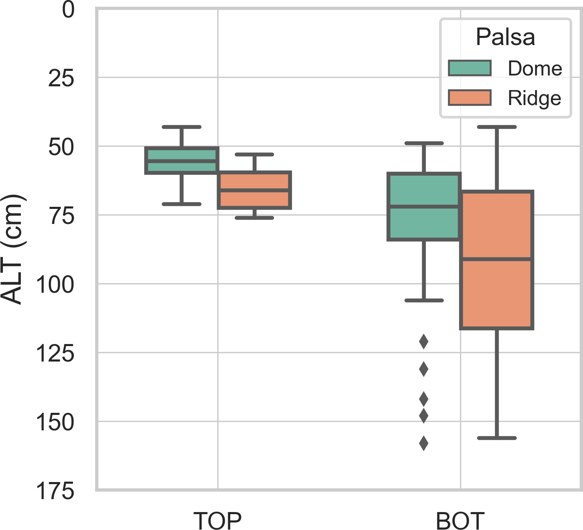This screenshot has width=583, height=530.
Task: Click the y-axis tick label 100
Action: click(x=55, y=285)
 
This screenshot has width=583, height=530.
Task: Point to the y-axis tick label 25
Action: click(x=61, y=78)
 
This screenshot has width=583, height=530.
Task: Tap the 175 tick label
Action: click(x=55, y=491)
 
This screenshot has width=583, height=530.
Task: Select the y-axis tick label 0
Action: click(x=68, y=10)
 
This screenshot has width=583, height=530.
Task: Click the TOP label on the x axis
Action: click(x=217, y=520)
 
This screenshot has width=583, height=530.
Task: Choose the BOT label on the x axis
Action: click(x=460, y=520)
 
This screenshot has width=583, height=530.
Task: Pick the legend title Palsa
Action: click(x=505, y=37)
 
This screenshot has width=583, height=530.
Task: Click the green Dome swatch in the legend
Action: click(x=470, y=68)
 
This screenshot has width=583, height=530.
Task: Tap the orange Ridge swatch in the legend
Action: click(x=470, y=98)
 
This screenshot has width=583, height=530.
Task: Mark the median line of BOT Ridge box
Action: click(x=497, y=259)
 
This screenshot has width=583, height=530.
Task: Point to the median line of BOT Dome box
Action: click(x=424, y=206)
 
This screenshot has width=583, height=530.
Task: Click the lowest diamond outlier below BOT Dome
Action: click(x=424, y=443)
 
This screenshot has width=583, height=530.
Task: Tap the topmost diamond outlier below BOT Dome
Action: click(x=424, y=342)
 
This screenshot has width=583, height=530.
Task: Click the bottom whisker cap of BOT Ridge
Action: click(x=497, y=438)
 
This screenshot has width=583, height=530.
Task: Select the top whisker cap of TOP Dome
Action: click(x=181, y=127)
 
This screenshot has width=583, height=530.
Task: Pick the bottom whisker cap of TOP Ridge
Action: click(x=254, y=218)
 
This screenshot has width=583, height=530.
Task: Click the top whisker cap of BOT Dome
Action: click(x=424, y=143)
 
